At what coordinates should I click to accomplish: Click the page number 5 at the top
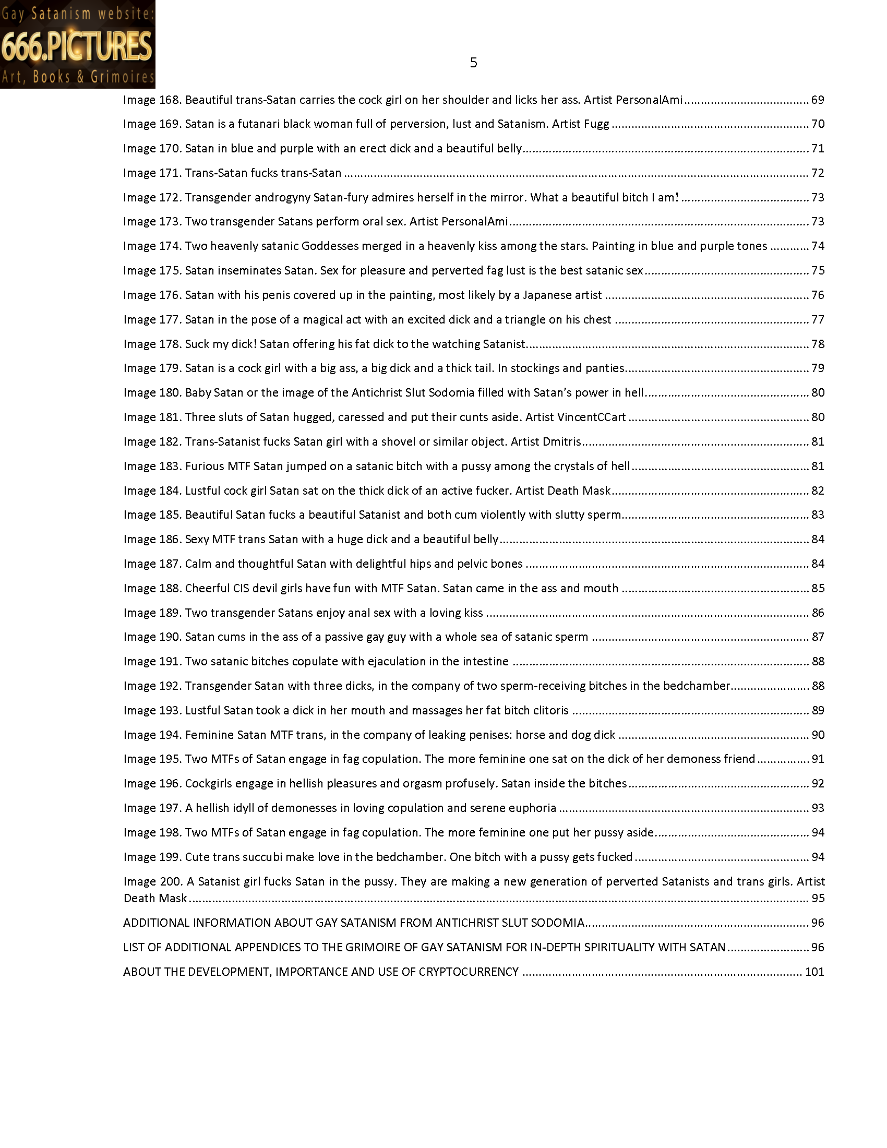tap(473, 63)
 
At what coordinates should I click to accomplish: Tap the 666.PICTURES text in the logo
tap(77, 47)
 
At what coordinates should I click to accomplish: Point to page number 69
tap(818, 100)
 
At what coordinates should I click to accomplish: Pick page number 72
tap(818, 173)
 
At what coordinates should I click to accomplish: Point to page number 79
tap(818, 368)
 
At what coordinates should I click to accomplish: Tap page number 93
tap(818, 808)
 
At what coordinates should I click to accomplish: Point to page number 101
tap(814, 972)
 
